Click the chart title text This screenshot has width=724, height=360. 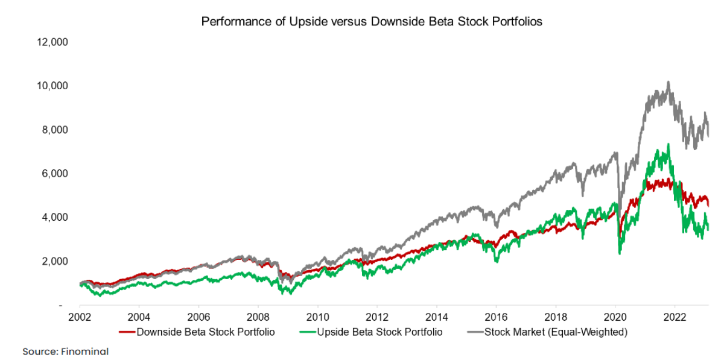pos(372,22)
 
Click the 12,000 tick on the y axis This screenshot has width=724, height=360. pos(53,42)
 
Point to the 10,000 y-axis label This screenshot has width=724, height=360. pos(53,86)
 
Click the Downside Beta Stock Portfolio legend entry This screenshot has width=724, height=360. pos(199,332)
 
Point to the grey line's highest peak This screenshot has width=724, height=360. pos(668,82)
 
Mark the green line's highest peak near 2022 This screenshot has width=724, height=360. pos(668,144)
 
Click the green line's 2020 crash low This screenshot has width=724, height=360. pos(620,253)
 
